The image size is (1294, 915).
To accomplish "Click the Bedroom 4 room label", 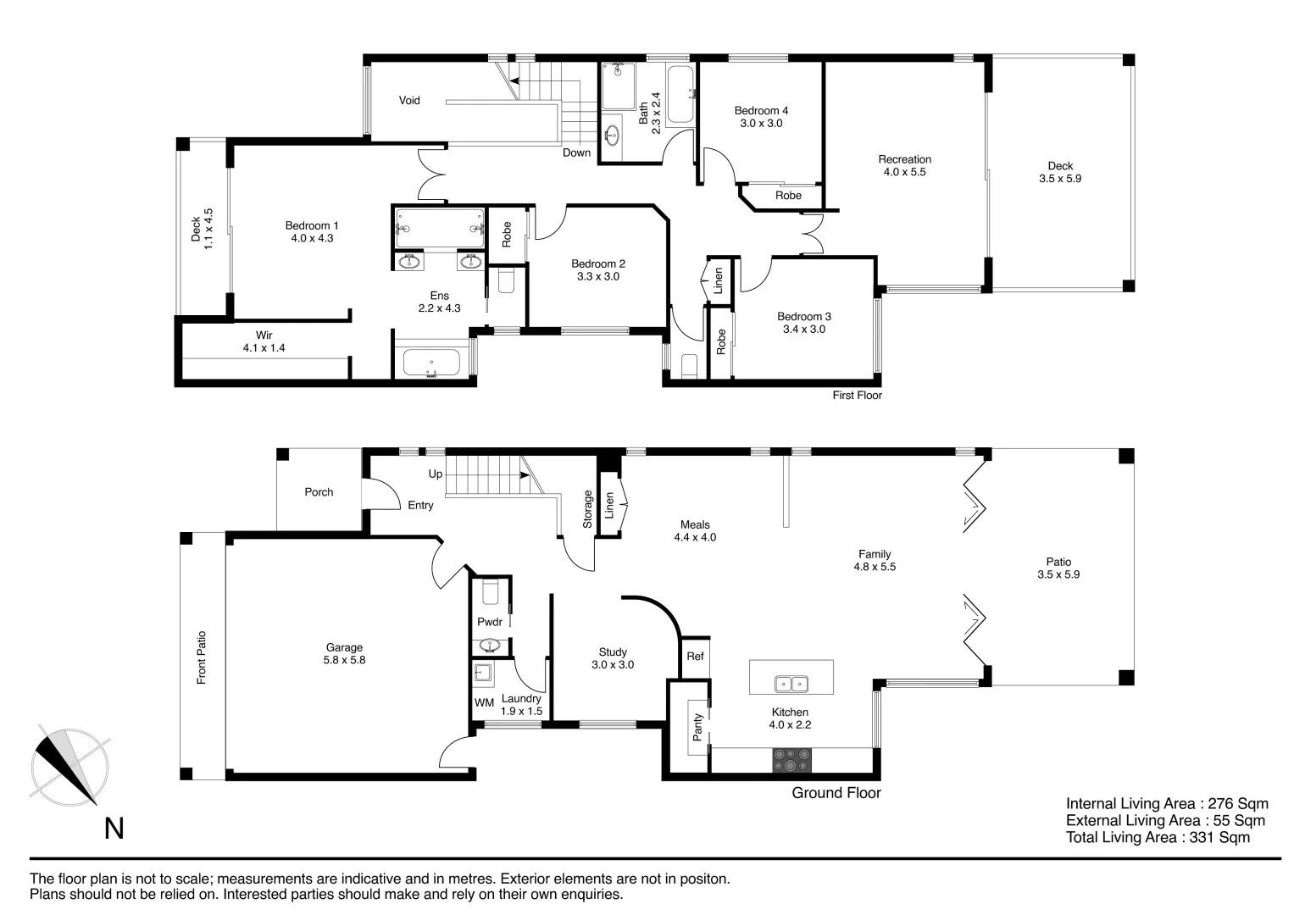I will pos(761,117).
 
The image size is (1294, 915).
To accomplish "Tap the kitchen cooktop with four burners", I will pos(791,760).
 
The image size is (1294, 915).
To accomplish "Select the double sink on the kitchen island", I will pos(791,683).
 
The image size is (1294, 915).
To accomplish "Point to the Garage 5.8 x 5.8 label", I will pos(344,654).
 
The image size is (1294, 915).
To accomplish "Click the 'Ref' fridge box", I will pos(695,657).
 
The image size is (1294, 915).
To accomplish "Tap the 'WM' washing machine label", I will pos(484,703).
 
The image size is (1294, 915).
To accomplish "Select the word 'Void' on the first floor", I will pos(409,100).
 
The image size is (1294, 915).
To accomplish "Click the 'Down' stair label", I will pos(576,153).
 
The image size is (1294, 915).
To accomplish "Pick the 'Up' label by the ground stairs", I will pos(435,474).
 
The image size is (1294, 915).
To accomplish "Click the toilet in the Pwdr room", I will pos(491,591).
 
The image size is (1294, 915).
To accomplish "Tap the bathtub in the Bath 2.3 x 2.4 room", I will pos(680,95).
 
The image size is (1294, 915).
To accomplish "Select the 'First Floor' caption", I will pos(857,396).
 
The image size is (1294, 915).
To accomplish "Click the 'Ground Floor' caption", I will pos(836,793).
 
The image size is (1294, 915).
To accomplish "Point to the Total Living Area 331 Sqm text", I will pos(1157,838).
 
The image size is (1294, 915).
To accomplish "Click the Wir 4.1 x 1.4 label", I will pos(264,341).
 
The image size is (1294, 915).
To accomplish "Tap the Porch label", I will pos(319,492).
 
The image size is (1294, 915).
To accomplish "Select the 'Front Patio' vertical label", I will pos(202,657).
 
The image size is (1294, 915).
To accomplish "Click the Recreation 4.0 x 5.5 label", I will pos(904,165).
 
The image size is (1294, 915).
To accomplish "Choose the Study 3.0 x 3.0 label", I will pos(612,658).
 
